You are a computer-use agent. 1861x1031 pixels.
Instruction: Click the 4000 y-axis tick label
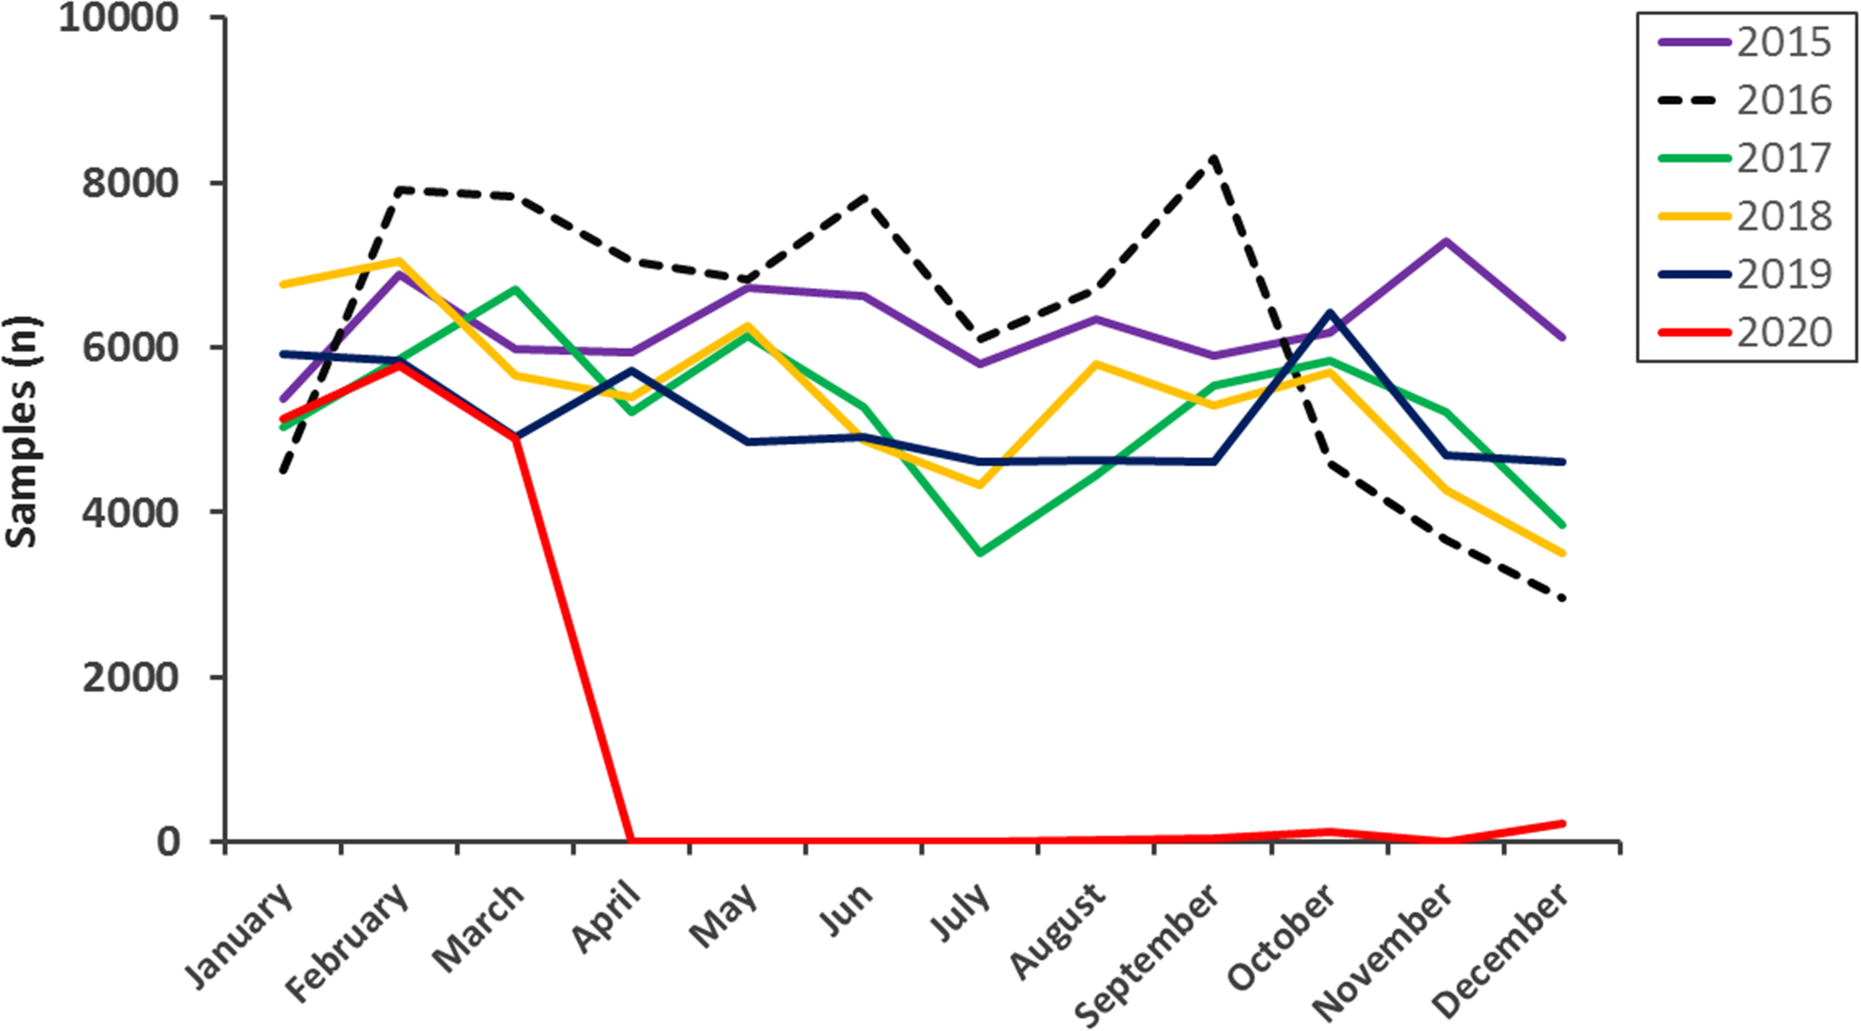(x=130, y=512)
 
